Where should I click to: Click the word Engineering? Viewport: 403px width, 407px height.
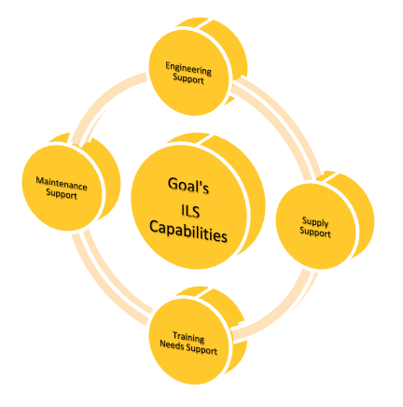tap(188, 69)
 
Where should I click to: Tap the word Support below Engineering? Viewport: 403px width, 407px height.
tap(188, 78)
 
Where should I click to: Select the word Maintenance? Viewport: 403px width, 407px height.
tap(62, 184)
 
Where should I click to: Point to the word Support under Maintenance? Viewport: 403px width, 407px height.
tap(62, 194)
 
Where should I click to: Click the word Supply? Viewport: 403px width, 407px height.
tap(315, 222)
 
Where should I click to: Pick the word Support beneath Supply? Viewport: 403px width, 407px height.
tap(315, 232)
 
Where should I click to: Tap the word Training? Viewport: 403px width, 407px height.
tap(188, 337)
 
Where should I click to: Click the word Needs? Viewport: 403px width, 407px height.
tap(172, 344)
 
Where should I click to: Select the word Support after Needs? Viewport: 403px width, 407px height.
tap(201, 349)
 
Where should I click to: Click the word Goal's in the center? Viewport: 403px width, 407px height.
tap(188, 185)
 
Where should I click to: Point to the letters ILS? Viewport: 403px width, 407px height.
tap(190, 211)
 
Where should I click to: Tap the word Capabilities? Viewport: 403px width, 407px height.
tap(188, 232)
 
